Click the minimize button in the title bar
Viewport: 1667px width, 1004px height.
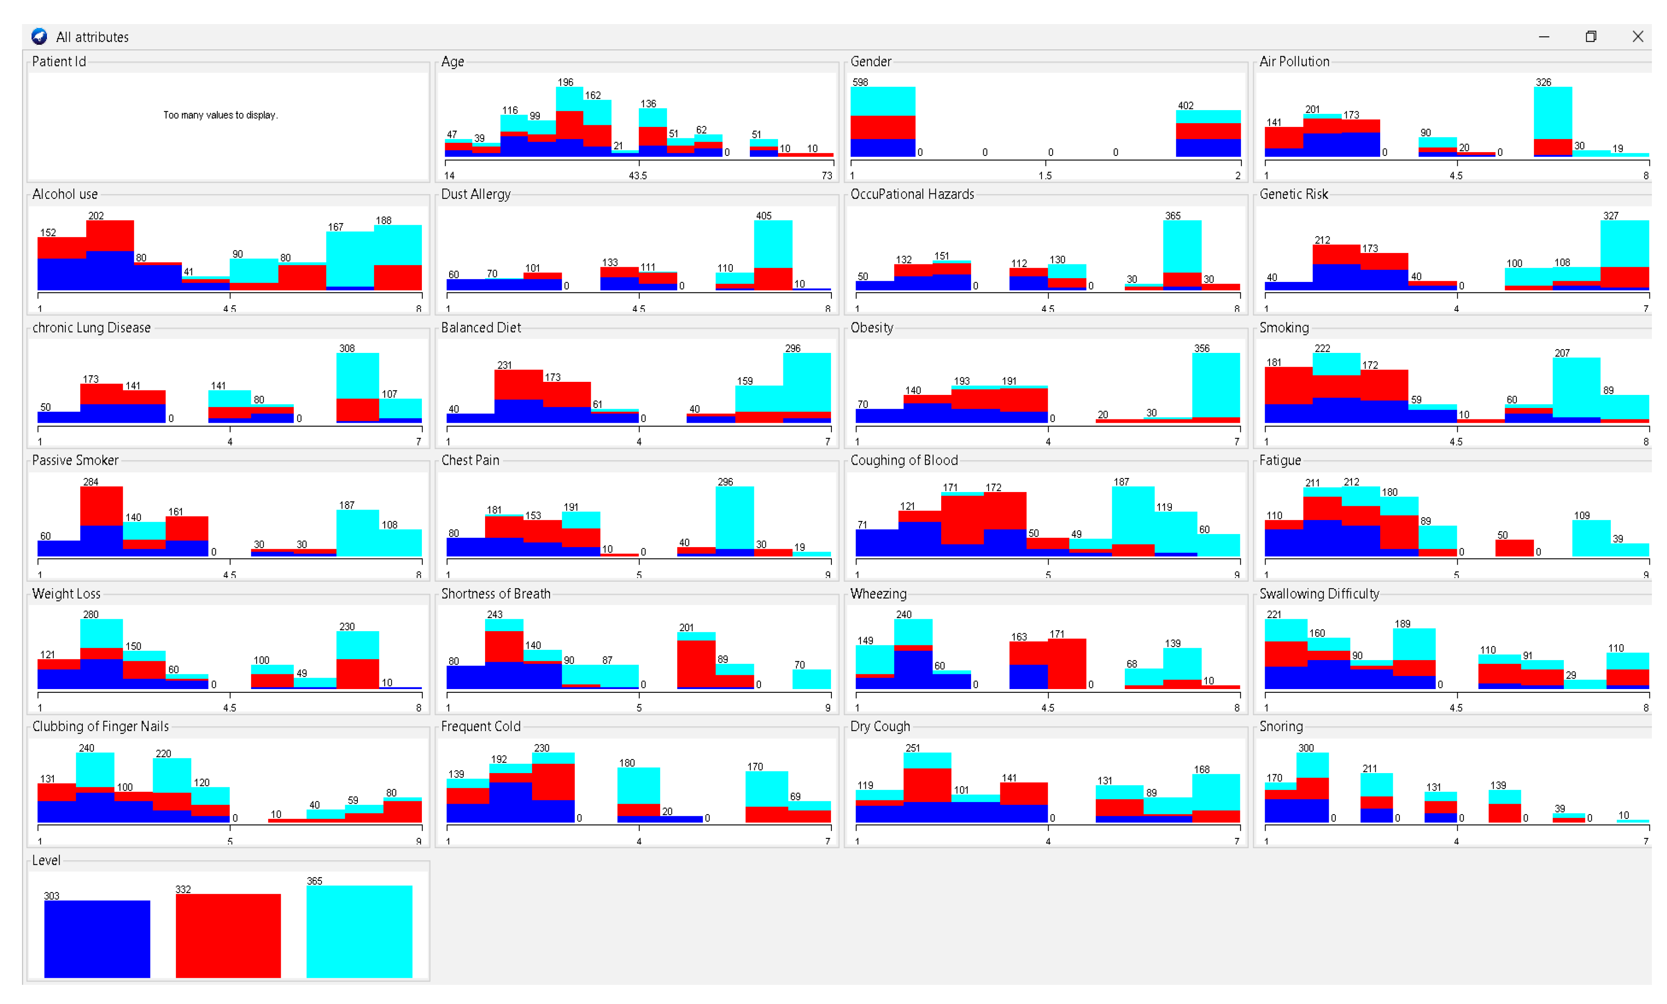(x=1544, y=37)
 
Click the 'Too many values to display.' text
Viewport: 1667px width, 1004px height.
(x=221, y=115)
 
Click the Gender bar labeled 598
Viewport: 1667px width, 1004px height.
(x=883, y=122)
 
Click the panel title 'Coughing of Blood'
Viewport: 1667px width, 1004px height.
(x=904, y=460)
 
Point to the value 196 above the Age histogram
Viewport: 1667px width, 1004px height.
(x=565, y=82)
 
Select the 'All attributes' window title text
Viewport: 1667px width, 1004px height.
(x=92, y=37)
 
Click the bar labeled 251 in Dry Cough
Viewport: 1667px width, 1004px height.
(x=927, y=788)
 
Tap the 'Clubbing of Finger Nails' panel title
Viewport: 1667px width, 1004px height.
(x=100, y=726)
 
